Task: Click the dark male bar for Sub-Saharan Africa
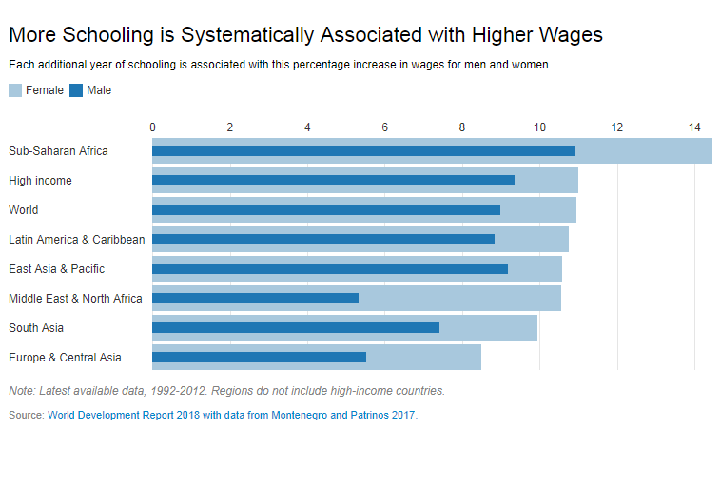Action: (x=362, y=150)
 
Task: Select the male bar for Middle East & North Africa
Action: (x=255, y=298)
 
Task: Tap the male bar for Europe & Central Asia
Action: (x=259, y=357)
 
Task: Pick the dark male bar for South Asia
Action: (x=295, y=327)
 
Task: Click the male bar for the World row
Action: (x=325, y=209)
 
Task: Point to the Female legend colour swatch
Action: (x=15, y=90)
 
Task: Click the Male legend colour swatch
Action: (x=76, y=90)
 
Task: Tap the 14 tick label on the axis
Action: (x=694, y=127)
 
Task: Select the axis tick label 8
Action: (x=462, y=127)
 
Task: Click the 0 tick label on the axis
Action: (x=153, y=127)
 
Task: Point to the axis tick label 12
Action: (x=617, y=127)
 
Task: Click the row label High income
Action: (x=40, y=180)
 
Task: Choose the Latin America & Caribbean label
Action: (x=76, y=239)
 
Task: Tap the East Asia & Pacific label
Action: (x=56, y=268)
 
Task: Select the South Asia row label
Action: (x=36, y=327)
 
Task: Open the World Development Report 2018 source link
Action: (x=231, y=415)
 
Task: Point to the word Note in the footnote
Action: (x=21, y=390)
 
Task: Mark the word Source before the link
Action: (x=25, y=415)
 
